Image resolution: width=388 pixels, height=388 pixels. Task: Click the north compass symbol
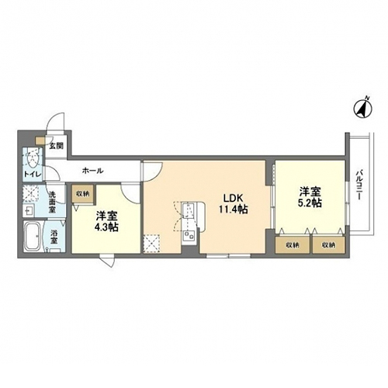[x=362, y=109]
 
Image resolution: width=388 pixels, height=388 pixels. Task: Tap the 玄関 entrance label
[x=57, y=146]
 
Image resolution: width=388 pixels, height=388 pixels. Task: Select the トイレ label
[x=33, y=174]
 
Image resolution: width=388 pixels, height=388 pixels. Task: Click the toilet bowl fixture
[x=33, y=158]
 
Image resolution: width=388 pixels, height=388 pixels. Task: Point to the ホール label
[x=93, y=171]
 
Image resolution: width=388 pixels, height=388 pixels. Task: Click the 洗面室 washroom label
[x=53, y=202]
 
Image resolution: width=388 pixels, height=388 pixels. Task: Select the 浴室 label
[x=54, y=237]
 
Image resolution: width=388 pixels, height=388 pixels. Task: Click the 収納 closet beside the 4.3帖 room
[x=83, y=194]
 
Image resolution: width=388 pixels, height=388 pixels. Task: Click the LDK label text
[x=233, y=198]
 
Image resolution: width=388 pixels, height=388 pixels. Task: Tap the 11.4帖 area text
[x=234, y=209]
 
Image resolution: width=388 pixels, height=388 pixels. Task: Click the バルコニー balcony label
[x=359, y=185]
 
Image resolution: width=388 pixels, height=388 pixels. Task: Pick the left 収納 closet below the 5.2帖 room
[x=293, y=244]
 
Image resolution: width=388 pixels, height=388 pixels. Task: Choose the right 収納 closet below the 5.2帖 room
[x=329, y=244]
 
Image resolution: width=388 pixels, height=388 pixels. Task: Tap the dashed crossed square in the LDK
[x=152, y=243]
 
